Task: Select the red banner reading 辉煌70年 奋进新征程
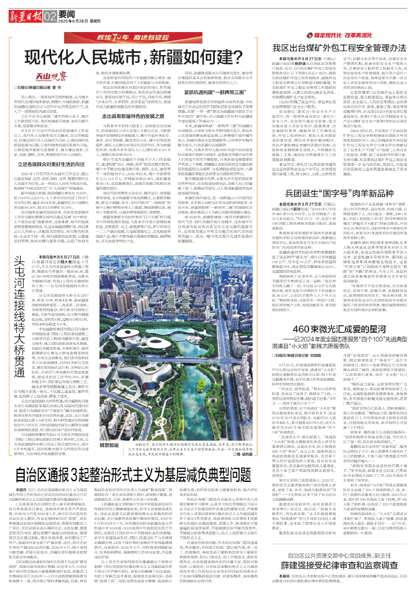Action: tap(133, 38)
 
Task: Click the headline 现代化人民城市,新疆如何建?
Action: tap(133, 57)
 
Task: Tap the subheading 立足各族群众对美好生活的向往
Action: tap(51, 165)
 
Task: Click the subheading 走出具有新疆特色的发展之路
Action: tap(133, 116)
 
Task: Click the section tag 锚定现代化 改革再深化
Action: tap(339, 35)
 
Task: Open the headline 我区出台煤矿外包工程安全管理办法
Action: tap(339, 48)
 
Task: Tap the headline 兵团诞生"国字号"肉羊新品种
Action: tap(339, 193)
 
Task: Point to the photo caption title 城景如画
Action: tap(109, 445)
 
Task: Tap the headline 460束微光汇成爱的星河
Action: tap(339, 330)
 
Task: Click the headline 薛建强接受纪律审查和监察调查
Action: tap(339, 565)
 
